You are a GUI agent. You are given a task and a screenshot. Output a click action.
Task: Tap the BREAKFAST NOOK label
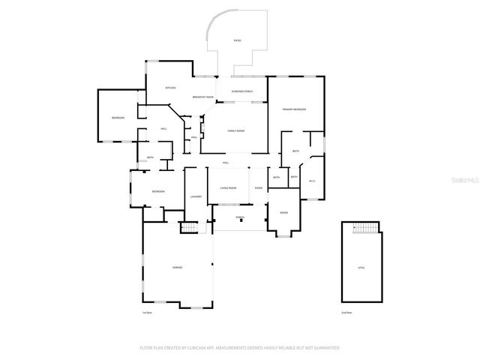coord(202,97)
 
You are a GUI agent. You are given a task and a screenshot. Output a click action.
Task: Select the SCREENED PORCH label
coord(241,91)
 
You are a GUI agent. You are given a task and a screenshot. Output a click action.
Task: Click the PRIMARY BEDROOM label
coord(294,109)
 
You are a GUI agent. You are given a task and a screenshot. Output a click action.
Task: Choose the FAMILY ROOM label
coord(236,130)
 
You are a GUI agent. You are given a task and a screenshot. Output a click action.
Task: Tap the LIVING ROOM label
coord(228,187)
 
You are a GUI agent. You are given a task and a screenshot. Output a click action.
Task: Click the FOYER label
coord(258,187)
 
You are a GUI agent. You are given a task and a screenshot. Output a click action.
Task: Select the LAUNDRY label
coord(195,196)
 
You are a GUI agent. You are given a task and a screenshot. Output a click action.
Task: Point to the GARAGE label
coord(178,267)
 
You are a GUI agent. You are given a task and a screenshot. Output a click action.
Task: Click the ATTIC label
coord(361,267)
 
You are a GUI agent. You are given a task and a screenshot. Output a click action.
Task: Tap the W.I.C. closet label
coord(312,180)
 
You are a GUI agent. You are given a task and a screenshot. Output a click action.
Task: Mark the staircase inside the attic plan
coord(367,229)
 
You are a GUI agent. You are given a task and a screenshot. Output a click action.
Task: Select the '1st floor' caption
coord(147,312)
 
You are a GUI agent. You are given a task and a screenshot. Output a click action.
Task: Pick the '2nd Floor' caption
coord(347,312)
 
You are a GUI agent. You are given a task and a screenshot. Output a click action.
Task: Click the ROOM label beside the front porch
coord(284,212)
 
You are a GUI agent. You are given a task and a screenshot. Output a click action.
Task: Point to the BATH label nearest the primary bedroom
coord(296,151)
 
